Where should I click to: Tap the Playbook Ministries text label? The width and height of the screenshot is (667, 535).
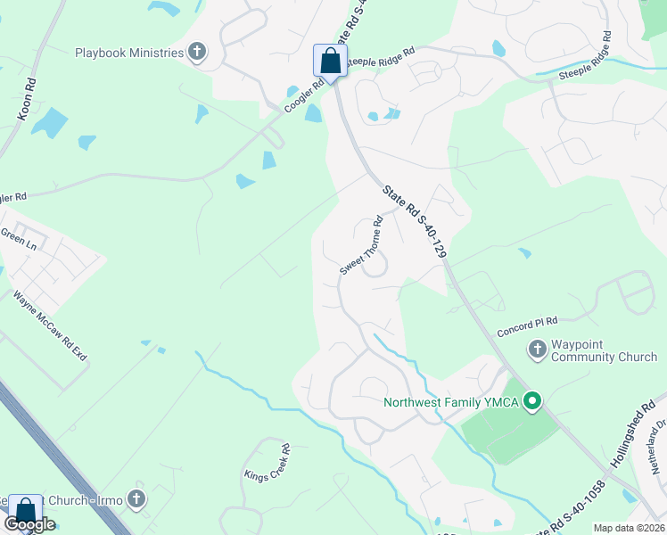pyautogui.click(x=129, y=53)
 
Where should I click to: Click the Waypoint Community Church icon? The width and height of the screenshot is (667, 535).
pyautogui.click(x=537, y=349)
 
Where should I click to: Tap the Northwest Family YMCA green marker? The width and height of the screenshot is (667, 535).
pyautogui.click(x=532, y=401)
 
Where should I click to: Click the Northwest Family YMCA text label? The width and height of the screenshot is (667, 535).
pyautogui.click(x=451, y=402)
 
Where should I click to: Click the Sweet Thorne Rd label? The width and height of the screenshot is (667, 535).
pyautogui.click(x=362, y=245)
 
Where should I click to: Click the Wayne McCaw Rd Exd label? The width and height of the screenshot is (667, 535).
pyautogui.click(x=51, y=325)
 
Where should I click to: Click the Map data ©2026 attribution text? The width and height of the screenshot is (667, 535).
pyautogui.click(x=629, y=528)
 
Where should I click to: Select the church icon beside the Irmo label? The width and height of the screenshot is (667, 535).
pyautogui.click(x=136, y=498)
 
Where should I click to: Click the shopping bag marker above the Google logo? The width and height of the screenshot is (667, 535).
pyautogui.click(x=24, y=512)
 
